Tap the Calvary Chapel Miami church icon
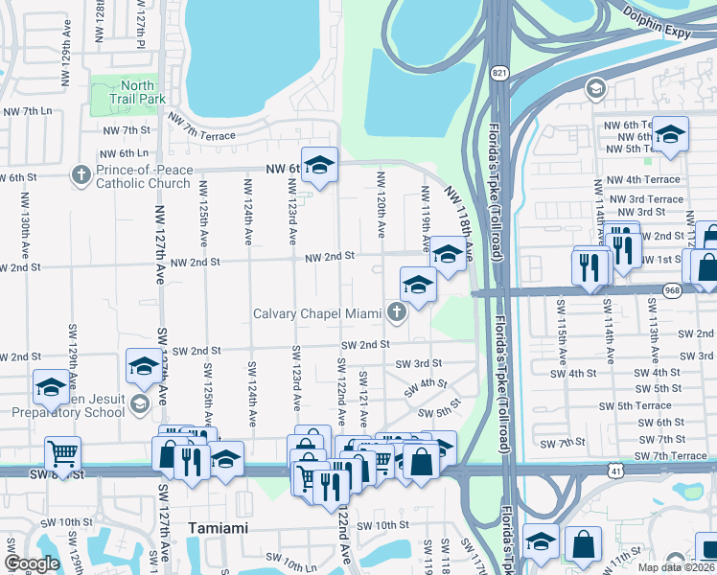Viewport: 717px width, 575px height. click(396, 311)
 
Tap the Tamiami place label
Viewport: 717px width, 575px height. click(218, 528)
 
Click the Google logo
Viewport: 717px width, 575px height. click(32, 563)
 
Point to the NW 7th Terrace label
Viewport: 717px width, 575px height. click(201, 126)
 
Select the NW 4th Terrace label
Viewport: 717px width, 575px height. click(640, 179)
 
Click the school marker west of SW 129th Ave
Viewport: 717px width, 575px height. click(50, 386)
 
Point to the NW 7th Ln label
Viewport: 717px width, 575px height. click(27, 112)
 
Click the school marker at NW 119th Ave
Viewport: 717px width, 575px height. click(447, 253)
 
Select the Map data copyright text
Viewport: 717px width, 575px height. click(676, 567)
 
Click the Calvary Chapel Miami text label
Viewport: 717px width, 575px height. click(317, 313)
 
